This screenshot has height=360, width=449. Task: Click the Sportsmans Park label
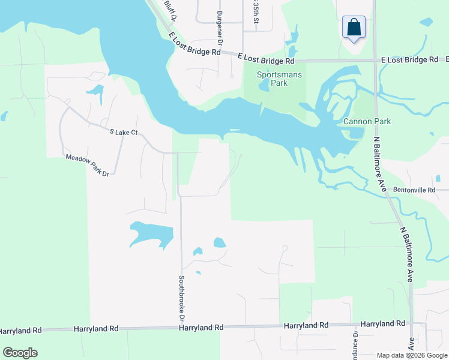[x=272, y=79]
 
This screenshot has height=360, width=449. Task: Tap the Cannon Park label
[x=367, y=121]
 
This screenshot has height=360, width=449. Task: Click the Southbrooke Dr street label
[x=181, y=296]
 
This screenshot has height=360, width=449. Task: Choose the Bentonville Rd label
[x=414, y=190]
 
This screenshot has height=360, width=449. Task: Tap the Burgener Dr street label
[x=220, y=29]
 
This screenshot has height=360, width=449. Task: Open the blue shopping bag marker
[x=354, y=28]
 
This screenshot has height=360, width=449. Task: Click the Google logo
[x=20, y=353]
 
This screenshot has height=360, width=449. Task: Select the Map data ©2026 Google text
[x=412, y=355]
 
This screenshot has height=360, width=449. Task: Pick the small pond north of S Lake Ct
[x=95, y=92]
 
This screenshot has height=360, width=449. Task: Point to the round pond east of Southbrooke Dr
[x=219, y=243]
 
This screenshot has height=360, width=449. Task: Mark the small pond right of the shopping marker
[x=426, y=22]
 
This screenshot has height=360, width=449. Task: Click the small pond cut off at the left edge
[x=3, y=115]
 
